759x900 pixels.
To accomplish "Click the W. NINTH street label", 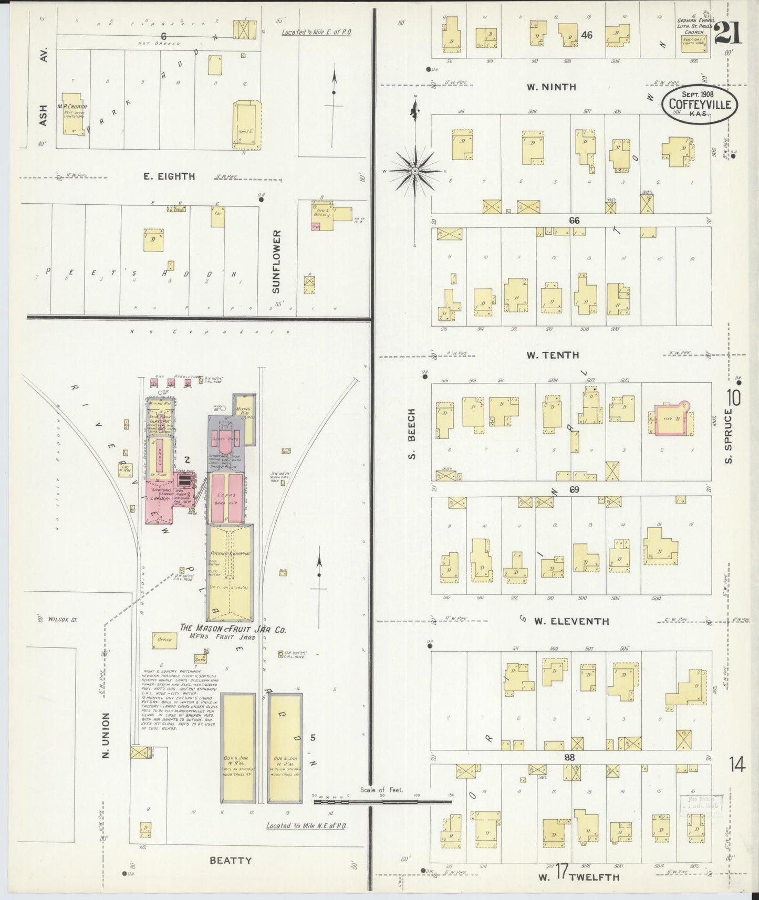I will (x=552, y=87).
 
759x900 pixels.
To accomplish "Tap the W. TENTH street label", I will (x=553, y=355).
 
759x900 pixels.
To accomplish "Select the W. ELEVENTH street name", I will (x=571, y=621).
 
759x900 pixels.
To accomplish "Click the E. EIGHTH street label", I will (x=169, y=177).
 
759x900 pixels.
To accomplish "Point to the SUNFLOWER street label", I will (x=276, y=261).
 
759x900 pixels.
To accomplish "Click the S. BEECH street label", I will (x=412, y=434).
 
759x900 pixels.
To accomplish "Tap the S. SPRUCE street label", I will (x=728, y=436).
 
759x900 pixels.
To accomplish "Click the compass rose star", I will (x=415, y=171).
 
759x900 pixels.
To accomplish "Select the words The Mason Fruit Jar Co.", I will (x=233, y=629).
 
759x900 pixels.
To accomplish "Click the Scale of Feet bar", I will (x=382, y=802).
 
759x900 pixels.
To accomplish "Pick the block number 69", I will (x=574, y=489).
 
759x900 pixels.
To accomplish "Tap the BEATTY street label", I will (x=230, y=860).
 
